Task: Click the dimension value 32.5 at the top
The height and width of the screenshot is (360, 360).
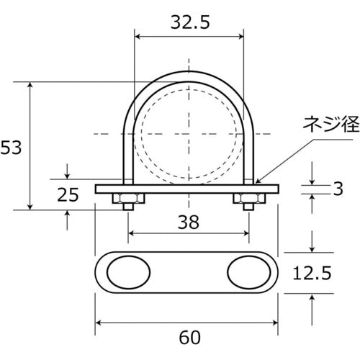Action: (x=190, y=22)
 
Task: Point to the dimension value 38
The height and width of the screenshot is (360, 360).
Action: (x=188, y=223)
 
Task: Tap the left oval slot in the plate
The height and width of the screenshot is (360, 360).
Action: (x=129, y=274)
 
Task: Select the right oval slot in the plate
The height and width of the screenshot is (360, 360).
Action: (x=248, y=274)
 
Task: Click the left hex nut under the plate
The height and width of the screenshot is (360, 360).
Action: (x=127, y=198)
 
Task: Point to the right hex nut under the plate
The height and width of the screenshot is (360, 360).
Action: (x=247, y=198)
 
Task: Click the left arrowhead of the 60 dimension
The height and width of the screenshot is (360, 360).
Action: (x=99, y=321)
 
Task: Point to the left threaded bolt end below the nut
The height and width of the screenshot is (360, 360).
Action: (x=127, y=207)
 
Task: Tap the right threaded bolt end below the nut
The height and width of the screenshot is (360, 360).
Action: (x=247, y=207)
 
